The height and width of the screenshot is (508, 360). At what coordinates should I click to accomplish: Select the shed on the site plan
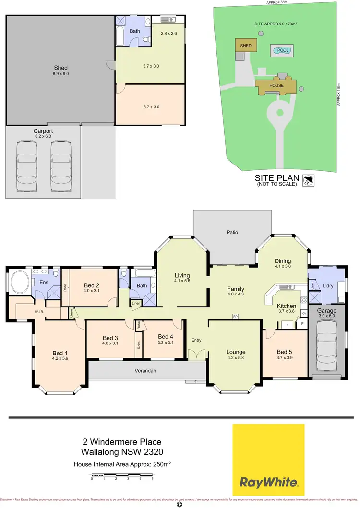coord(246,46)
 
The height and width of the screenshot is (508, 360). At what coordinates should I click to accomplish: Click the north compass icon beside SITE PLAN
coord(308,181)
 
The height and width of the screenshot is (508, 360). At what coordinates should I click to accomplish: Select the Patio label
coord(232,232)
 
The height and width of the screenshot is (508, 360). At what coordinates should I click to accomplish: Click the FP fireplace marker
coord(235,317)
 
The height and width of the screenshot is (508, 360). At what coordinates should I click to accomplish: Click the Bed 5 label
coord(284,352)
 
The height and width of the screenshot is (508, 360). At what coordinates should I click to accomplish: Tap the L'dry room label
coord(328,286)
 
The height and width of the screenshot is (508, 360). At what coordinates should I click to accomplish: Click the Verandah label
coord(145,371)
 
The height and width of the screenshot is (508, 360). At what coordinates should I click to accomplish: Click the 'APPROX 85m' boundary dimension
coord(277,2)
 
